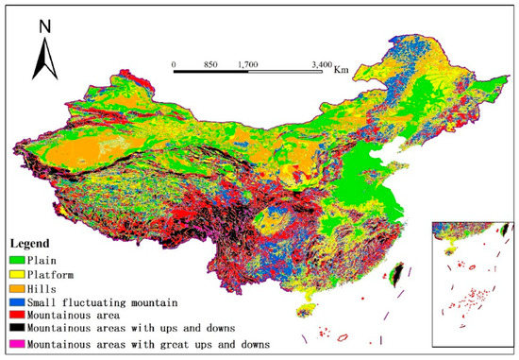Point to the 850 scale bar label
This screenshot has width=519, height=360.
click(210, 64)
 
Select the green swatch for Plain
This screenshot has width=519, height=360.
click(18, 257)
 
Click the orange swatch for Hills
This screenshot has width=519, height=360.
click(18, 286)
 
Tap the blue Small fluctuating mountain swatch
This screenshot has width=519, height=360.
click(18, 301)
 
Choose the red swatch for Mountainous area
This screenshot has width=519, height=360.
click(18, 316)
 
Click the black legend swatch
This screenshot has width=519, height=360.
click(18, 331)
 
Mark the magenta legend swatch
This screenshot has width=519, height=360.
click(18, 346)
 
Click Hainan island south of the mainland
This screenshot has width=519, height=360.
click(305, 311)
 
